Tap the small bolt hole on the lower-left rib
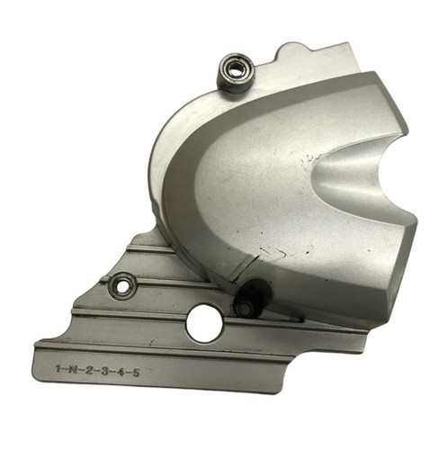[x=122, y=285]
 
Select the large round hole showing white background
[x=204, y=323]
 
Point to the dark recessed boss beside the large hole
[x=253, y=297]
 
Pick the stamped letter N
[x=73, y=369]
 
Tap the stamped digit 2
[x=88, y=370]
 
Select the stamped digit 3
[x=104, y=371]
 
